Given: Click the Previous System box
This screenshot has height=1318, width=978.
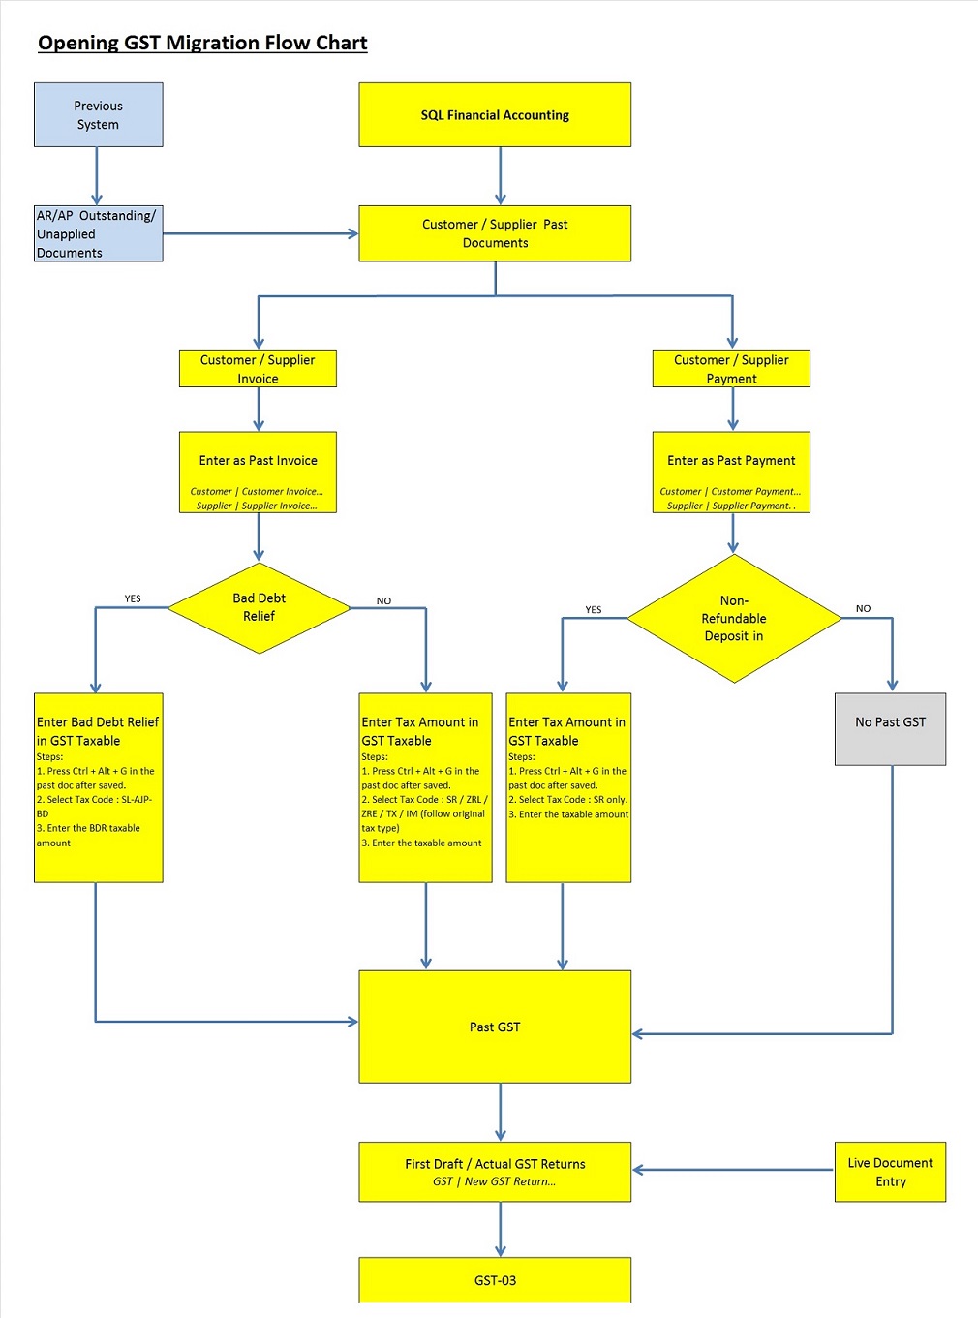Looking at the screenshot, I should pyautogui.click(x=98, y=115).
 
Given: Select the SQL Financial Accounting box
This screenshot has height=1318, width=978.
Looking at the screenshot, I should pyautogui.click(x=495, y=115).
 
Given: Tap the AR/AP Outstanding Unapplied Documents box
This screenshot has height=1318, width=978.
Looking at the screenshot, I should pyautogui.click(x=98, y=233).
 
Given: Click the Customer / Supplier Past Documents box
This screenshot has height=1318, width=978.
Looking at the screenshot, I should pyautogui.click(x=495, y=233).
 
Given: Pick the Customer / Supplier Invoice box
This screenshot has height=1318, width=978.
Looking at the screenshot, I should pyautogui.click(x=258, y=369).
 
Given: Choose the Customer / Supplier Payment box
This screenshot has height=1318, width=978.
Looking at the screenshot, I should pyautogui.click(x=731, y=369).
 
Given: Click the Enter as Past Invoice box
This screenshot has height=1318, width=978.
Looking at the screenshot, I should pyautogui.click(x=258, y=473).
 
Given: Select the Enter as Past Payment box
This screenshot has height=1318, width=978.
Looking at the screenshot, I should pyautogui.click(x=731, y=473).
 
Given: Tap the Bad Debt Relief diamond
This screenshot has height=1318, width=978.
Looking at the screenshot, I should pyautogui.click(x=259, y=608).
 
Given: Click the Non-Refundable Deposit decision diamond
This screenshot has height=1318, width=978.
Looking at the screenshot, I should pyautogui.click(x=734, y=619).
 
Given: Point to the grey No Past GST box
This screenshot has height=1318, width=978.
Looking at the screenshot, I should pyautogui.click(x=890, y=729).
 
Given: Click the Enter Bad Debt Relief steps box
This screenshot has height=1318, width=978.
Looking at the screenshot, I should pyautogui.click(x=98, y=787).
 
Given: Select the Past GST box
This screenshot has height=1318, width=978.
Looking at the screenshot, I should pyautogui.click(x=495, y=1027).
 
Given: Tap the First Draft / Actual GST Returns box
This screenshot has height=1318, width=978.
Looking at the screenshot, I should pyautogui.click(x=495, y=1172).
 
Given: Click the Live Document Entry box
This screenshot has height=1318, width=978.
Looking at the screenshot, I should pyautogui.click(x=890, y=1172).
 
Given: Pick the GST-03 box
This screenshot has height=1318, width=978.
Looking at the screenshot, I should pyautogui.click(x=495, y=1280).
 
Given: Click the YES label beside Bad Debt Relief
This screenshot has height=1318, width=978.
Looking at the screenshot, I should pyautogui.click(x=133, y=598).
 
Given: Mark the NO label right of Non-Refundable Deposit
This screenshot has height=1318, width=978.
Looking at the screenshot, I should pyautogui.click(x=863, y=608).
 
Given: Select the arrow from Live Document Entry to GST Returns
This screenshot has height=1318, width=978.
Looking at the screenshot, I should pyautogui.click(x=733, y=1170).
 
